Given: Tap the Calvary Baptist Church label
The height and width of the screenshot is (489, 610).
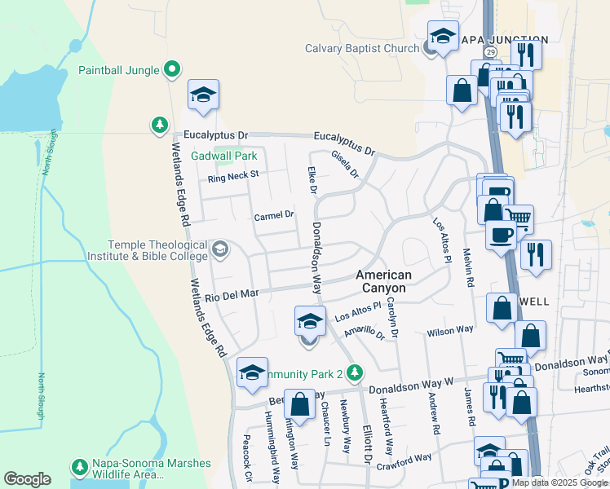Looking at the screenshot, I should pos(362,48).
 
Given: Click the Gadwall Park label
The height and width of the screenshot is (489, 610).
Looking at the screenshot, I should pos(224,156).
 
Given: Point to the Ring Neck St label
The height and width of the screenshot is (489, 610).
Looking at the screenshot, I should pos(232,174).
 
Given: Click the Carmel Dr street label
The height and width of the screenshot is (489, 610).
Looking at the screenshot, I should pos(273,216).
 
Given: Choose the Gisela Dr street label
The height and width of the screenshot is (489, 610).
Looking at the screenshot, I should pos(345,164).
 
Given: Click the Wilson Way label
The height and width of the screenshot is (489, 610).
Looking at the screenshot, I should pos(450,330).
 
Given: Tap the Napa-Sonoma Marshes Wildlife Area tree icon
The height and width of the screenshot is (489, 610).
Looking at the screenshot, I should pos(79,467).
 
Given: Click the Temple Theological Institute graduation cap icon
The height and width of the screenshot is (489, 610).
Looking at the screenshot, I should pos(219,248).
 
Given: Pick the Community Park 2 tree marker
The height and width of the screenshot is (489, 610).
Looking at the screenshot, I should pos(354,373).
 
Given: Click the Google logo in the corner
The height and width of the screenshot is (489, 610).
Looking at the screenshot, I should pos(27,479).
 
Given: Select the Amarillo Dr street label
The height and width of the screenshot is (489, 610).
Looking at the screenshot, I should pos(364,333).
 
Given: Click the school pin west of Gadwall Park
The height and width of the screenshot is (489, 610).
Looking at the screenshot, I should pos(203,95).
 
